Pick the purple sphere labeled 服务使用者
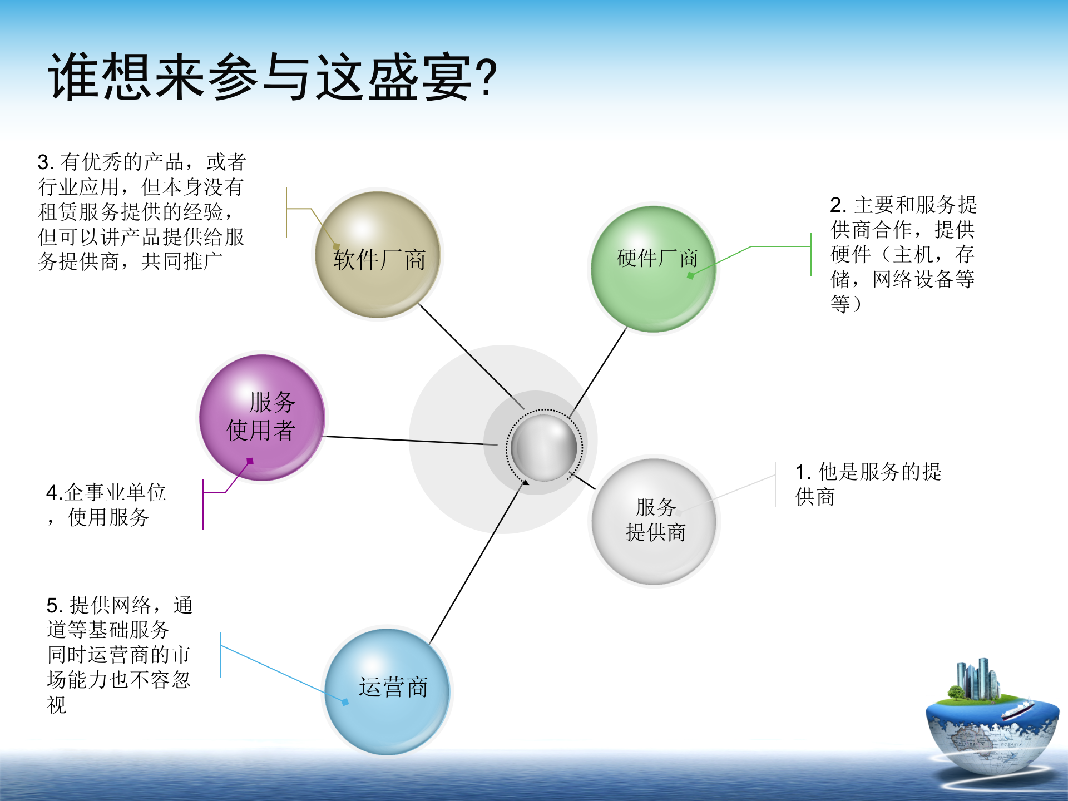coord(261,417)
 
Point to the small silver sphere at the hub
coord(543,448)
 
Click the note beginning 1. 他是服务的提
coord(868,484)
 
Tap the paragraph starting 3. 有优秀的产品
coord(141,211)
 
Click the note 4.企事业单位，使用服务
coord(106,505)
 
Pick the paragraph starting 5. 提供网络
coord(119,654)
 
